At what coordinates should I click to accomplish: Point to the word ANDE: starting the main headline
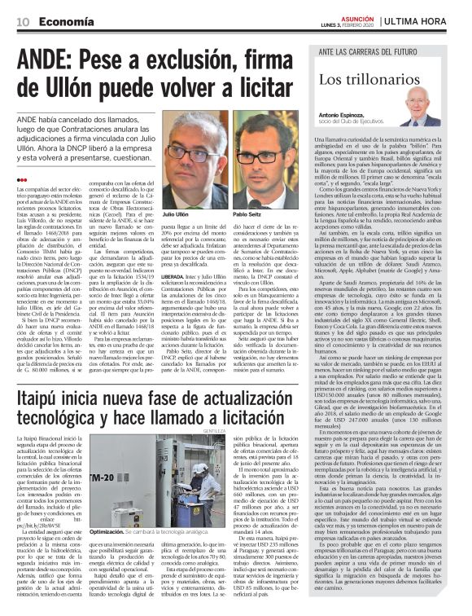pos(54,59)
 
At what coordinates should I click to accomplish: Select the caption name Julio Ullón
pos(176,213)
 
